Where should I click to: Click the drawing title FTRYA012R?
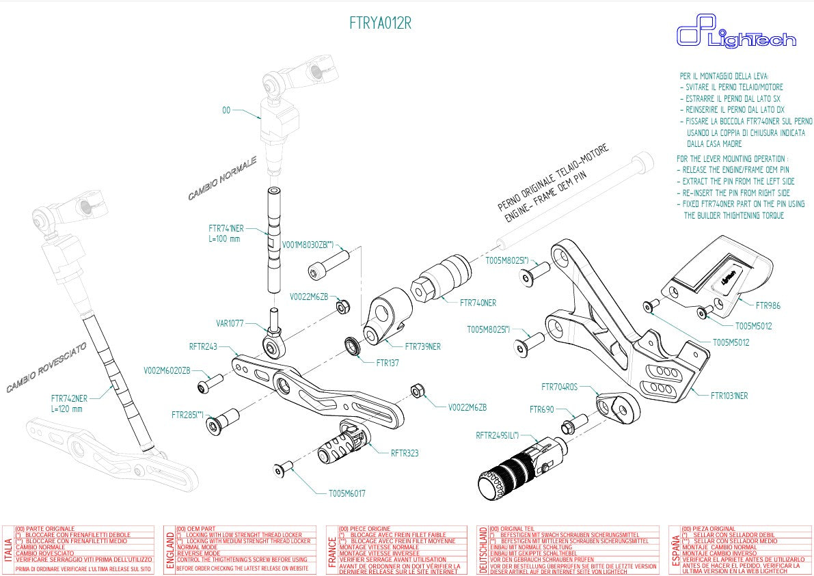tap(380, 23)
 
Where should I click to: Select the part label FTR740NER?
tap(478, 303)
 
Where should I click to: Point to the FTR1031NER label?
tap(729, 396)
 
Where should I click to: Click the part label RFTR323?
tap(405, 452)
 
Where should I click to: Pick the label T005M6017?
tap(347, 493)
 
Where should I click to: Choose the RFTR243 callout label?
tap(203, 346)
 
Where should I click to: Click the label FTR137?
tap(388, 363)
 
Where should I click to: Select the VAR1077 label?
tap(229, 323)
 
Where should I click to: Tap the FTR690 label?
tap(541, 409)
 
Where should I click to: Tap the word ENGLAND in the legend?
tap(169, 549)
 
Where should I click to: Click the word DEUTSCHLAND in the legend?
tap(483, 549)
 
